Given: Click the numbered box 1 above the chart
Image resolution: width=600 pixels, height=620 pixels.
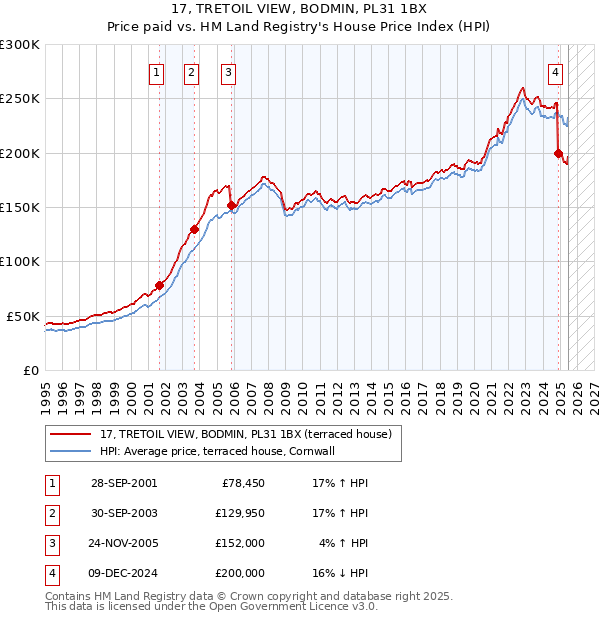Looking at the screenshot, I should click(158, 71).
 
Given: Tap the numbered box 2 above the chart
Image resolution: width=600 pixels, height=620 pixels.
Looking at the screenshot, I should click(191, 71).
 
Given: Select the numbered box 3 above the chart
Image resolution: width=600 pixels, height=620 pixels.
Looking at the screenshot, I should click(228, 71).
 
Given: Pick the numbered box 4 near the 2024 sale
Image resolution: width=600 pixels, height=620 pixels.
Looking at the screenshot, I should click(555, 71).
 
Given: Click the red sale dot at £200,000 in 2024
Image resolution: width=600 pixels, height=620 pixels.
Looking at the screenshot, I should click(558, 153).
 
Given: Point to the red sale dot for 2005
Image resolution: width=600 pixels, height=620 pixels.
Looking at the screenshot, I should click(232, 205).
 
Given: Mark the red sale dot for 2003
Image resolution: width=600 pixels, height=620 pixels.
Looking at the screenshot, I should click(195, 229).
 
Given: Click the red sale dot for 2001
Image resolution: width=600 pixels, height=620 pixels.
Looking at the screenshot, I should click(159, 285).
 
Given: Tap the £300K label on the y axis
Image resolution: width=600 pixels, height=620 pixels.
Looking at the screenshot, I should click(20, 45).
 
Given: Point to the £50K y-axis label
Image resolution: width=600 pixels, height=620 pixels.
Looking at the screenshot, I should click(23, 316).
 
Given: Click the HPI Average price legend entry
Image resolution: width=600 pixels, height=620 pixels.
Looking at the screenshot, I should click(221, 451).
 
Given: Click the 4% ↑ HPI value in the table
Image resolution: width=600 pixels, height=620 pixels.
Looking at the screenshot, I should click(341, 545).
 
